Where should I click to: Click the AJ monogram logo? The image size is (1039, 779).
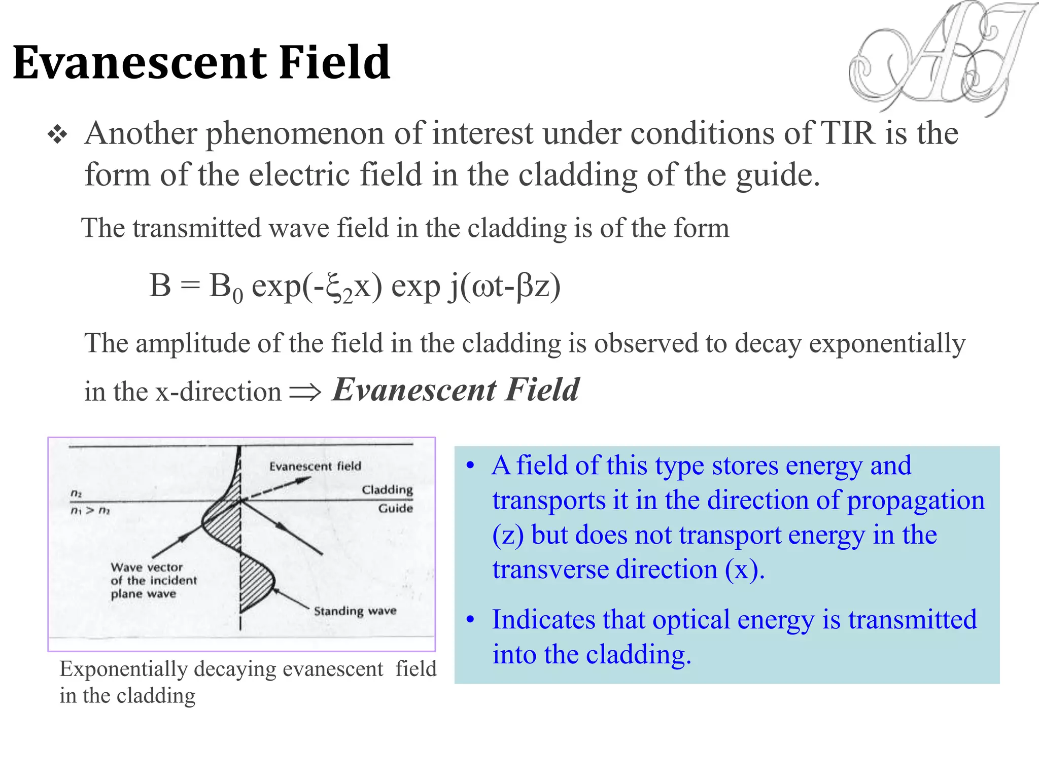click(x=939, y=58)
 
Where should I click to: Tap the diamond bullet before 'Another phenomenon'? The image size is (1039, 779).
click(x=57, y=135)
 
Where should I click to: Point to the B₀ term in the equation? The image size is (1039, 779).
click(x=226, y=287)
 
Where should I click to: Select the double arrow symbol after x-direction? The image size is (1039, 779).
click(x=305, y=392)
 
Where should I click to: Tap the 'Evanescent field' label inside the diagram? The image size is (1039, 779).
click(x=315, y=466)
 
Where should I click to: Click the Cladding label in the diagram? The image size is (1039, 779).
click(x=387, y=489)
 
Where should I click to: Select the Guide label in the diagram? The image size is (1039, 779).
click(x=395, y=508)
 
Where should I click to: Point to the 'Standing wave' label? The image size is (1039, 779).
click(x=355, y=611)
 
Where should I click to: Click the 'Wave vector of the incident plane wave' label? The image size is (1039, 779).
click(x=153, y=580)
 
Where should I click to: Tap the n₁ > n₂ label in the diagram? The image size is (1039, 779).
click(x=90, y=510)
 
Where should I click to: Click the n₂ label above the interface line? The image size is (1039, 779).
click(x=76, y=493)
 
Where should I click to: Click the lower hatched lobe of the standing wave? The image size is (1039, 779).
click(x=255, y=581)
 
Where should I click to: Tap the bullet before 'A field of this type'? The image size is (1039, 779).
click(x=471, y=466)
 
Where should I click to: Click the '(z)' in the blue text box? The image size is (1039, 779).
click(x=508, y=536)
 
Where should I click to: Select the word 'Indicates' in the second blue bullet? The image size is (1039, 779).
click(x=542, y=620)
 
